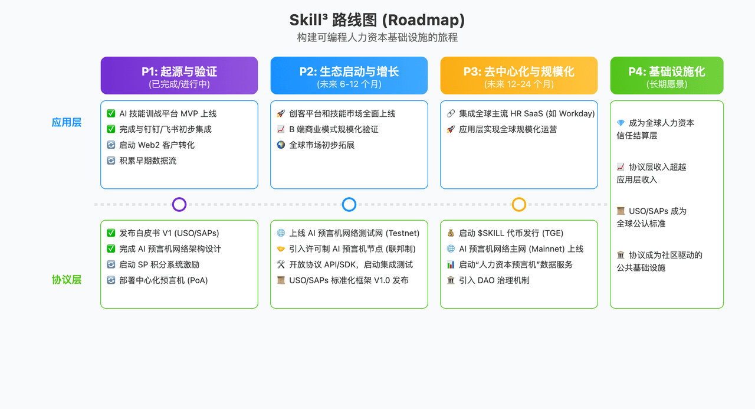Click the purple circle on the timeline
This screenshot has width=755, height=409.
coord(179,205)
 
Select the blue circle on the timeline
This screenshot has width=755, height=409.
coord(349,205)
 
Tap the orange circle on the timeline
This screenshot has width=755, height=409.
coord(519,205)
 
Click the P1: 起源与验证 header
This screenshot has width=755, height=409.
coord(179,76)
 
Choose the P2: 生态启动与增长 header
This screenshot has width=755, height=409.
coord(349,76)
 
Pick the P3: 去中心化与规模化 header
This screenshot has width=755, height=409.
coord(519,76)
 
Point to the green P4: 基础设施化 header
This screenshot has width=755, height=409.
coord(667,76)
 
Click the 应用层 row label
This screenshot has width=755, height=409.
coord(67,123)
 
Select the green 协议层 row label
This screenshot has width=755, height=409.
coord(67,280)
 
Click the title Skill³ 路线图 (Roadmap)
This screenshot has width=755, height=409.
coord(377,20)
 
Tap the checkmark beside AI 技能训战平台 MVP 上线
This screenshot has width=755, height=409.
coord(111,113)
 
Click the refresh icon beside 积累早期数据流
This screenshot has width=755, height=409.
coord(111,161)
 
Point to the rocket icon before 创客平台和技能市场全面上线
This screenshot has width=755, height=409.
coord(281,113)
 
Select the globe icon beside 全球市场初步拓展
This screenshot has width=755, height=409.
coord(281,145)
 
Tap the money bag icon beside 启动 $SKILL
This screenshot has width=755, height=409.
coord(451,233)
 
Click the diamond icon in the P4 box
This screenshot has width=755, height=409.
coord(621,123)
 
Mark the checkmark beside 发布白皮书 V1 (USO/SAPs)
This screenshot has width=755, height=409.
coord(111,233)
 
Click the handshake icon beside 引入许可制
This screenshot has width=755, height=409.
coord(281,249)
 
